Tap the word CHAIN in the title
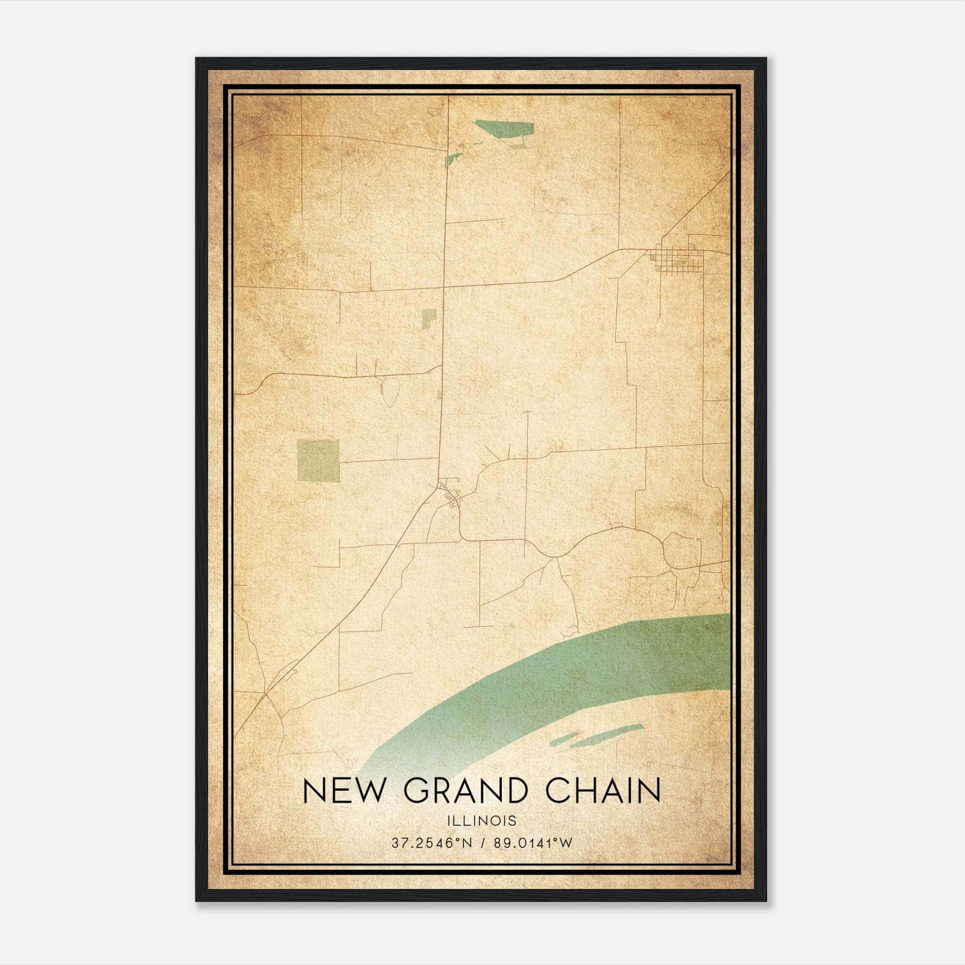pos(603,791)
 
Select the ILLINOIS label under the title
pos(482,821)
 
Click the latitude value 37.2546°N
pos(431,843)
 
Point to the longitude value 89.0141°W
pos(533,843)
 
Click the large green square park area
pos(318,461)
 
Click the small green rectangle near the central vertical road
pos(429,318)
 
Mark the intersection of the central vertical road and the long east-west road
pos(445,288)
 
